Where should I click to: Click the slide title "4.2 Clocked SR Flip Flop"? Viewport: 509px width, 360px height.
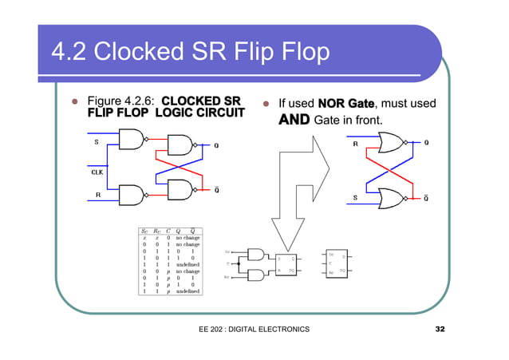[x=190, y=53]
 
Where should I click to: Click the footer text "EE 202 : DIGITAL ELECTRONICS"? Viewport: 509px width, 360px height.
[x=252, y=330]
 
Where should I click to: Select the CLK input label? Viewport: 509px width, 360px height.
[x=95, y=171]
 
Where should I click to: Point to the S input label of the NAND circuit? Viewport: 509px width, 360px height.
[x=97, y=142]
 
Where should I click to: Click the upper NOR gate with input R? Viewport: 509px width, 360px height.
[x=394, y=144]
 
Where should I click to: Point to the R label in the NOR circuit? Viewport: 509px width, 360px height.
[x=355, y=144]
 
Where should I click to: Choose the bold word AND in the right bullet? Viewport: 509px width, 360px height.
[x=294, y=121]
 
